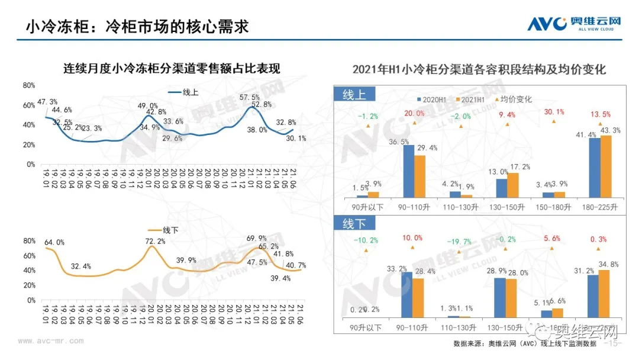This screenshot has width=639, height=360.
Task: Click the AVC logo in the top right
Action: tap(574, 24)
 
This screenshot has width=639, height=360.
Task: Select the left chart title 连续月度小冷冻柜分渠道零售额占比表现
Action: tap(172, 69)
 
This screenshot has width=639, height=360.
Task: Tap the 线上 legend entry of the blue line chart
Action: tap(183, 92)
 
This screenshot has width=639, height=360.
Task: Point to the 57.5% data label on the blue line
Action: tap(249, 98)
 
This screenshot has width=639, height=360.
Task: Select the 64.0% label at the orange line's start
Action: tap(54, 242)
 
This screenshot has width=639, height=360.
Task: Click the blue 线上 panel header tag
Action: tap(354, 95)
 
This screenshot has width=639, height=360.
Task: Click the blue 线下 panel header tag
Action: tap(354, 223)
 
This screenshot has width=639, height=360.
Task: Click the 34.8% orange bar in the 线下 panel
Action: tap(603, 294)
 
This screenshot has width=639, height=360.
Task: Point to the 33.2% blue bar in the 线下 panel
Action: tap(406, 295)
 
